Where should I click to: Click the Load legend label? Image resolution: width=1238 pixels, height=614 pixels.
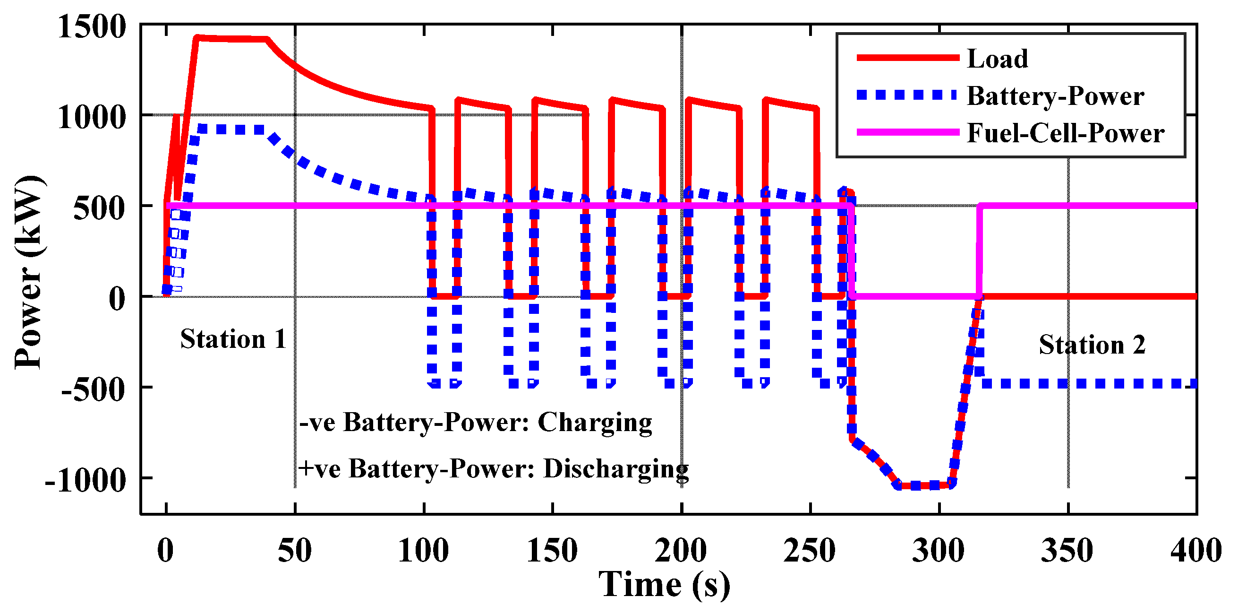[x=997, y=59]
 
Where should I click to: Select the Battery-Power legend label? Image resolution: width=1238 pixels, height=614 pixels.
[x=1055, y=95]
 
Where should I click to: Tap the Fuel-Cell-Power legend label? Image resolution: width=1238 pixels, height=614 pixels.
[x=1065, y=133]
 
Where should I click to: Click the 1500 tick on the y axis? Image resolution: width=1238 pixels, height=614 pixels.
[x=92, y=26]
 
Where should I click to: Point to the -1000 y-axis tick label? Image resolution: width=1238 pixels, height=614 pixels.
[x=85, y=479]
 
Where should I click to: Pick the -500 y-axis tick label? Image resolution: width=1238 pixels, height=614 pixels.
[x=93, y=389]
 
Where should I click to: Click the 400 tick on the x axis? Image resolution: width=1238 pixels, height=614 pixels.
[x=1195, y=550]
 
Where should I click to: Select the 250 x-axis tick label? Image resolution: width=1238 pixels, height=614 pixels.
[x=809, y=550]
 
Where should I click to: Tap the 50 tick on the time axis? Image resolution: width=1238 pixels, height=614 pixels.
[x=295, y=550]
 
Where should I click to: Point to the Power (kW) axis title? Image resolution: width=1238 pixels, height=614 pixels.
[x=29, y=272]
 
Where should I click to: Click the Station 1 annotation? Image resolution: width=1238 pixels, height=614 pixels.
[x=233, y=339]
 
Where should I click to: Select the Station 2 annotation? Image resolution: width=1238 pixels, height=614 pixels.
[x=1092, y=344]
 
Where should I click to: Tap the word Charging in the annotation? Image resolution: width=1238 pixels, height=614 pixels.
[x=595, y=423]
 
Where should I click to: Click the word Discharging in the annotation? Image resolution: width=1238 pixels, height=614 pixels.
[x=615, y=468]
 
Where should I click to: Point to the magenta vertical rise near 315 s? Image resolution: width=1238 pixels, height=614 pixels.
[x=979, y=250]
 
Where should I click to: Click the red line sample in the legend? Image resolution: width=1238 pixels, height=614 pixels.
[x=907, y=58]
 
